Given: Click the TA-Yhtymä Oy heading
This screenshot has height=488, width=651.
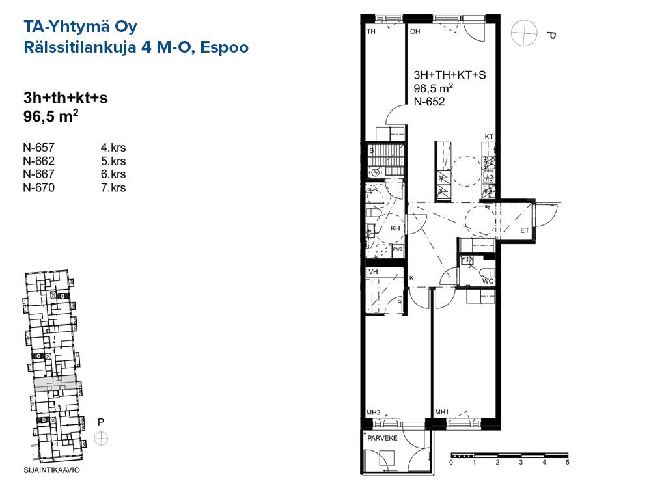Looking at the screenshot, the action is pos(80,27).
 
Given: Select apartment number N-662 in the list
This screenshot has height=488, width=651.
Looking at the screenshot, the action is pos(38,161).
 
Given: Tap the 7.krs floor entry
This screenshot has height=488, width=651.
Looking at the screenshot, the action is pos(113,187).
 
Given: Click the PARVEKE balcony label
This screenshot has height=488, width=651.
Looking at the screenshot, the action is pos(382,438).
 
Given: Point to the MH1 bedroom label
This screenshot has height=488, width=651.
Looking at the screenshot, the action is pos(442,412).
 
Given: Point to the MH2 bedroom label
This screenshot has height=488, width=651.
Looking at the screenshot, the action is pos(373,413).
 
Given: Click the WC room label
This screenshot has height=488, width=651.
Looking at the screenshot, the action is pos(488,281).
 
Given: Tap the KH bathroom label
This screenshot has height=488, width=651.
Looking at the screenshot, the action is pos(395,228).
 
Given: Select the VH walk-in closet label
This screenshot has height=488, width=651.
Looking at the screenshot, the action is pos(373,272).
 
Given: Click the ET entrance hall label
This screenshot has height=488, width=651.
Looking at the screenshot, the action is pos(525,230).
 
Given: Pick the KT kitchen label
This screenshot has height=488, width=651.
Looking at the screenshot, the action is pos(489,137).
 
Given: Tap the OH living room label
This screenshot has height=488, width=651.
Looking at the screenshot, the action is pos(415,31).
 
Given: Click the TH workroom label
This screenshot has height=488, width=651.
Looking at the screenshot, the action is pos(371,31).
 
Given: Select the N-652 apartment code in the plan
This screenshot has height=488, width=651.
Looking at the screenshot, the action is pos(429,102).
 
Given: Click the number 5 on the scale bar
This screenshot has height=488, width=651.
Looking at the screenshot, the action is pos(568,462).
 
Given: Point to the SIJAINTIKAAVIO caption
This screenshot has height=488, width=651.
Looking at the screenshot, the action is pos(52,470).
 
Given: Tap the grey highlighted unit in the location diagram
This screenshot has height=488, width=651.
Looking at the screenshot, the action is pos(55,384).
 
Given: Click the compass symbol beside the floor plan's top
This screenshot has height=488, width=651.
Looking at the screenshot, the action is pos(524,33).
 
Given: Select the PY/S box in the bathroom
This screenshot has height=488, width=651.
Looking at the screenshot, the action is pos(398,249).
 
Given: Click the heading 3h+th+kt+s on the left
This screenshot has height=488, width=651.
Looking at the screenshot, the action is pos(66,98).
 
